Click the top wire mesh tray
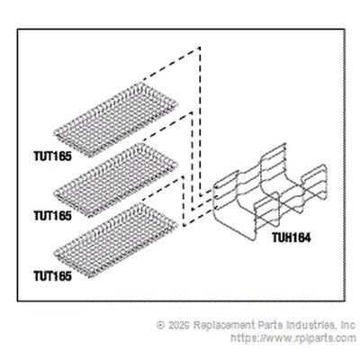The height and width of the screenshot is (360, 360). coord(116,119)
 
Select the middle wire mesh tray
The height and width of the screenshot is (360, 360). coord(116,180)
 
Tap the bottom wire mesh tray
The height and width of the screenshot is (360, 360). coord(116,239)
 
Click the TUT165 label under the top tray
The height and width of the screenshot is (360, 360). coord(53,157)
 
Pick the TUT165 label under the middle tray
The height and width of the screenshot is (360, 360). coord(53,216)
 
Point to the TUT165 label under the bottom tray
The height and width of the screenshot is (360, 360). coord(53,276)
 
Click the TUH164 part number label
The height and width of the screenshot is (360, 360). coord(292,238)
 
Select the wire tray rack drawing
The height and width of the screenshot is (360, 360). coord(270,192)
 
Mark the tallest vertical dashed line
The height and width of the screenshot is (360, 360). coord(200,121)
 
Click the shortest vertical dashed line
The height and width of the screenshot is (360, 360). coord(183,201)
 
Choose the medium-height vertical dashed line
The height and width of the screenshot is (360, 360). coord(192,160)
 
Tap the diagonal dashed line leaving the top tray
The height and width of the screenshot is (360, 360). coord(171,64)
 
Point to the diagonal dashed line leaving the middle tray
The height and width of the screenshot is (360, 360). coord(166,126)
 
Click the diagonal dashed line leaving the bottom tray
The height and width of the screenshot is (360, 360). coord(162,188)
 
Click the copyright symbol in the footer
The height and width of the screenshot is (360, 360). coord(161,325)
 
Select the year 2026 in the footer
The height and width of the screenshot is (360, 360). coord(178,325)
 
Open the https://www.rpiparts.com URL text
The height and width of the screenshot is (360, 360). coord(293,338)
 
